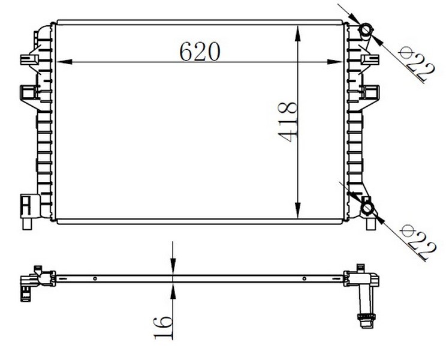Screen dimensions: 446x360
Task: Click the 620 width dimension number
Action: [x=200, y=52]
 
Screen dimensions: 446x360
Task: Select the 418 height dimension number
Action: [x=288, y=122]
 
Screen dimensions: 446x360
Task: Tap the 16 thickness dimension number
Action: [x=163, y=328]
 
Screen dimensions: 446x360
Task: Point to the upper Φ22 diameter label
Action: [x=416, y=64]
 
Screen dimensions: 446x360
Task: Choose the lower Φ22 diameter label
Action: [x=417, y=241]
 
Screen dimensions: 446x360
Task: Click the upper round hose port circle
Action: [x=365, y=30]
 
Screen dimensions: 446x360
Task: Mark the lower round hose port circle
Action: [x=367, y=208]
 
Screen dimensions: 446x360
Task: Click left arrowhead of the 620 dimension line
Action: [x=65, y=62]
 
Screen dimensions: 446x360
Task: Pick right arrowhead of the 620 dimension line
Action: [x=334, y=62]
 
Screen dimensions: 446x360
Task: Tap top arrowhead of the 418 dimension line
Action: [x=297, y=33]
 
